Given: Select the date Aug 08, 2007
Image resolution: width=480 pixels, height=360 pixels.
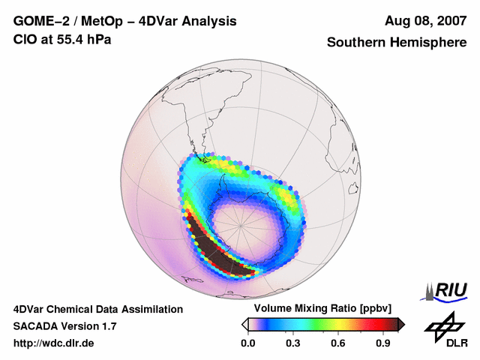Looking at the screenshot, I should (424, 21).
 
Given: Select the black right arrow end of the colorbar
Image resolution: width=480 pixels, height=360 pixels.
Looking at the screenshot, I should (400, 324).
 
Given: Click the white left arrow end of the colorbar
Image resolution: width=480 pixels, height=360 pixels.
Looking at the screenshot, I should (244, 324).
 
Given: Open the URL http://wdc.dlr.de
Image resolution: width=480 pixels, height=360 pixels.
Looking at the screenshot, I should (54, 343).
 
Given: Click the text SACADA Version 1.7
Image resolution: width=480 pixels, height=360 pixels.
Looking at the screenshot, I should (65, 326).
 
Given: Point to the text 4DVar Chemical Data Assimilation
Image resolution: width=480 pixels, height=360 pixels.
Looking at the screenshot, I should (97, 309).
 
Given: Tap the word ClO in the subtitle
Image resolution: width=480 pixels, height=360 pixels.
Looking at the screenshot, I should (25, 39).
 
